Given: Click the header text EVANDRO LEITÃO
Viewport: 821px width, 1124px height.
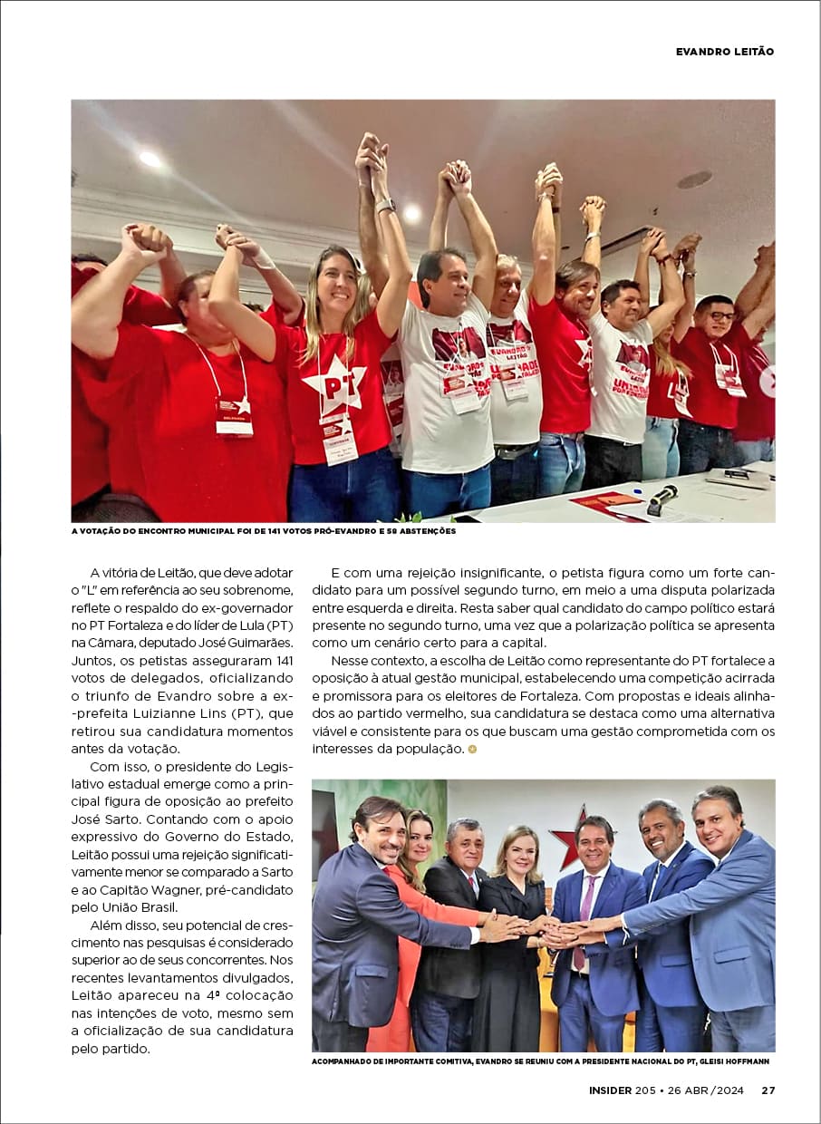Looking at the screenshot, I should click(724, 52).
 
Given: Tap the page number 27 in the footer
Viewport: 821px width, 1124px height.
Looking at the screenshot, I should click(768, 1090).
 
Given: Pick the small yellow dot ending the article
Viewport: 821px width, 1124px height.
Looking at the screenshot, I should click(472, 749).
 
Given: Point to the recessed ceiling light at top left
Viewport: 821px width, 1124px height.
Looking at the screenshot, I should click(150, 158).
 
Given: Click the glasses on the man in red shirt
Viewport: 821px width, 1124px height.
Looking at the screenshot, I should click(720, 315).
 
